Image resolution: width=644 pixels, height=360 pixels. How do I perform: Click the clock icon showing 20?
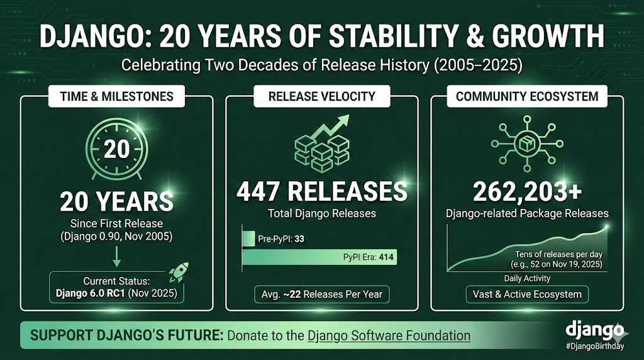116,150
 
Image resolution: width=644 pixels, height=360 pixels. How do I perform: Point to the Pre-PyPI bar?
248,239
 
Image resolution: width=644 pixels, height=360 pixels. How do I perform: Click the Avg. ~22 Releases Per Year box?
321,294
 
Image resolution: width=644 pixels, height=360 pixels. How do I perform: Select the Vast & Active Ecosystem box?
527,294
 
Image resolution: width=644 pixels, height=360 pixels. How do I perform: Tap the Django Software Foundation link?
389,335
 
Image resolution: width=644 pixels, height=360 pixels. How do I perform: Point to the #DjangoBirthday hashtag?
594,346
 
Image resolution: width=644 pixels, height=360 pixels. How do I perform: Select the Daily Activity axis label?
527,278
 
